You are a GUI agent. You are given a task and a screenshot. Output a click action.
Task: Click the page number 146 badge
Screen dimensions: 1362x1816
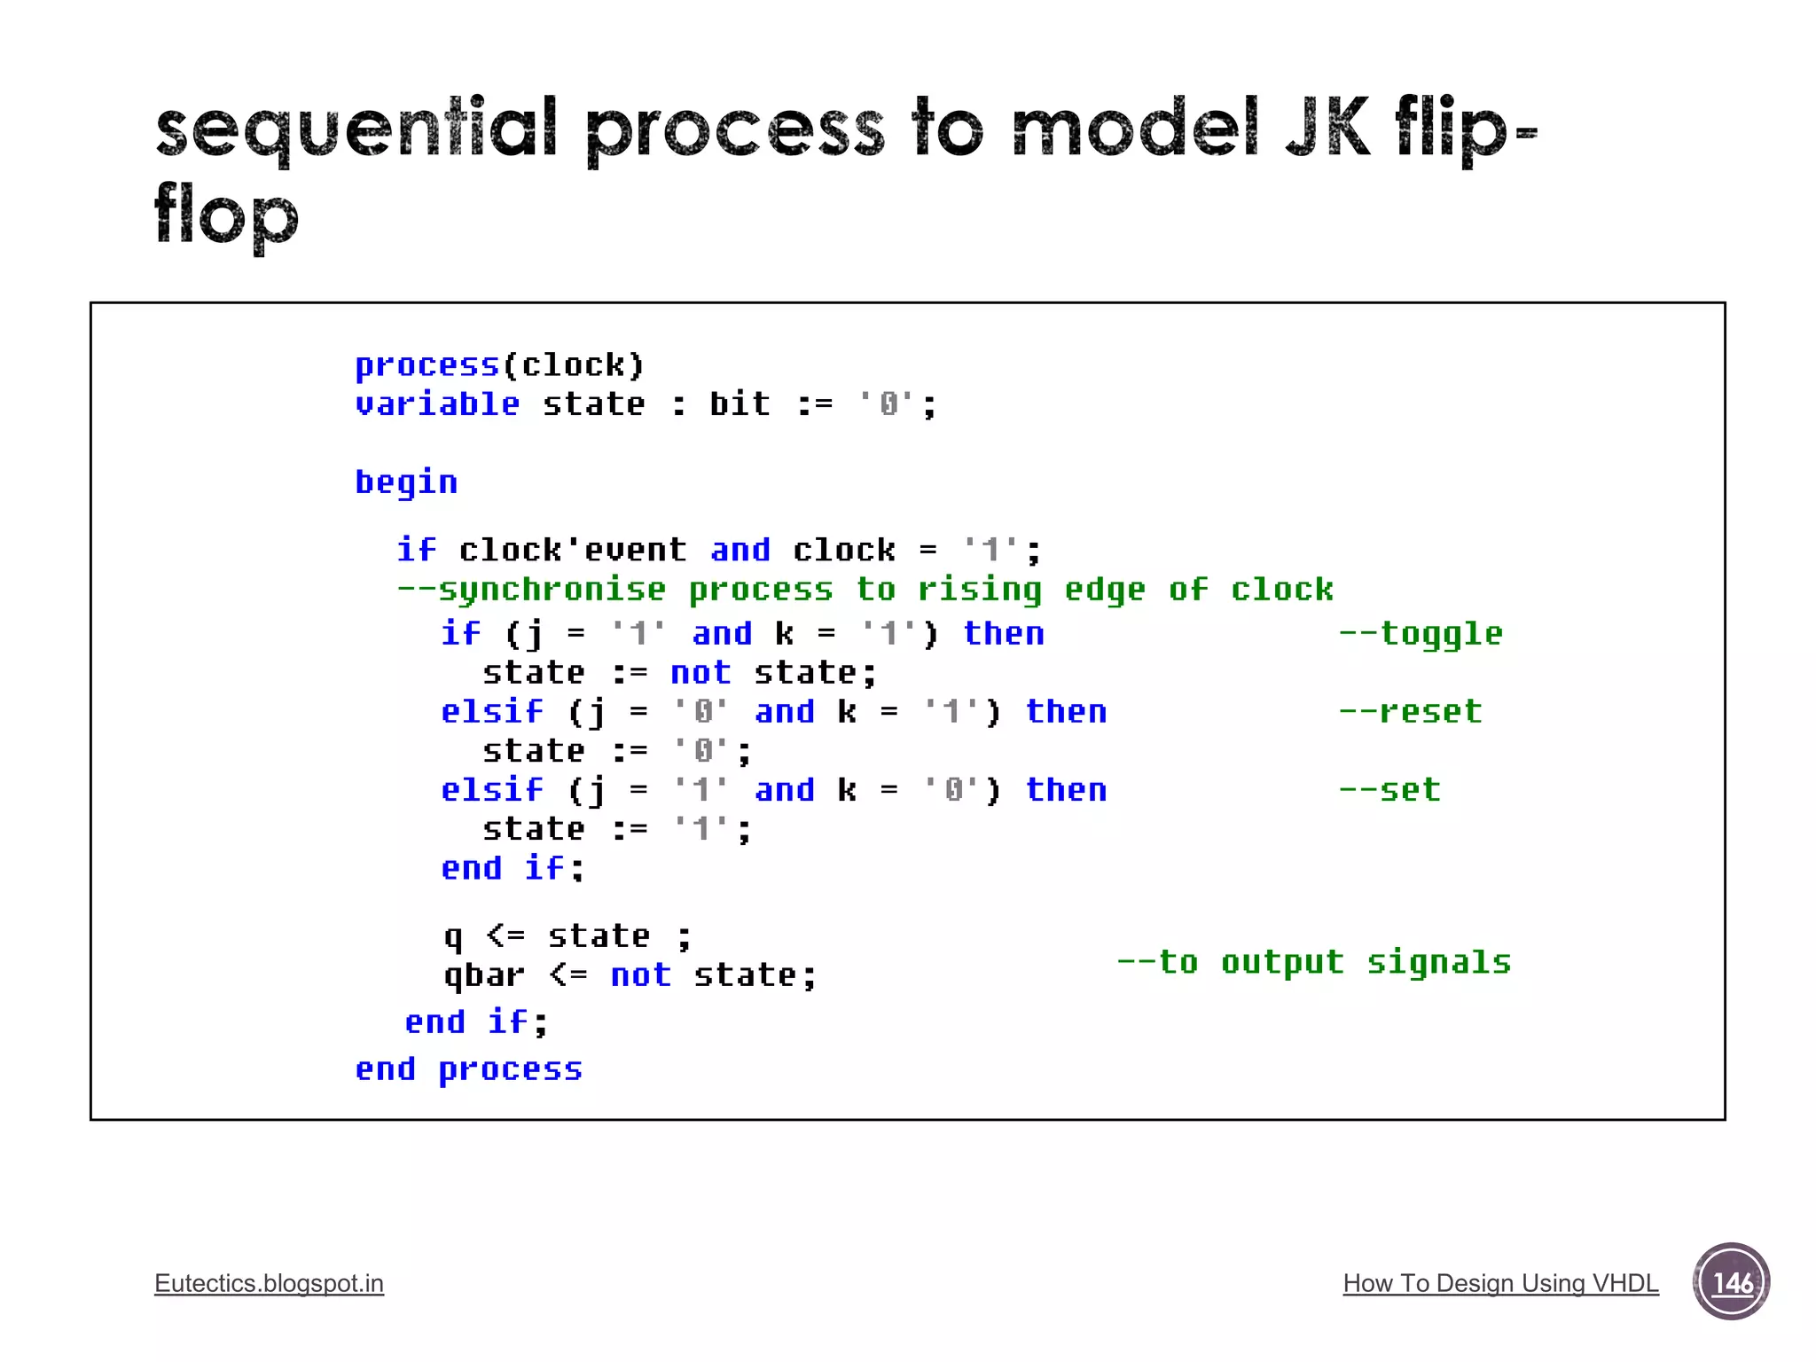[x=1731, y=1281]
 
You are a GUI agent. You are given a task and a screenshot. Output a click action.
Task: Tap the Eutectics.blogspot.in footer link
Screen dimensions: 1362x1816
[x=269, y=1283]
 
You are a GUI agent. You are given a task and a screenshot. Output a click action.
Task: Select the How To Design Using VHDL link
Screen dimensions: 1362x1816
[x=1500, y=1283]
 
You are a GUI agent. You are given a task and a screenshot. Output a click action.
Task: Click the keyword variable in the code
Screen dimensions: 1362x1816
[x=437, y=404]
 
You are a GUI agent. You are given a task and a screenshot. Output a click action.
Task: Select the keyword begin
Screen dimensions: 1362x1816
[x=406, y=482]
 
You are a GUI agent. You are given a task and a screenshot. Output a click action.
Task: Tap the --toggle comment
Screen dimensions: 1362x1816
[x=1421, y=633]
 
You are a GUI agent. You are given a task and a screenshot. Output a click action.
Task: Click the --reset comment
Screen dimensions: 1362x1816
[x=1410, y=711]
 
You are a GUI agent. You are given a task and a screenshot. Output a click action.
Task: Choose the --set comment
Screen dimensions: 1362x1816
[x=1389, y=789]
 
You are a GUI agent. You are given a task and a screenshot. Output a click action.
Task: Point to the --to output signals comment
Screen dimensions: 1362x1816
[x=1313, y=962]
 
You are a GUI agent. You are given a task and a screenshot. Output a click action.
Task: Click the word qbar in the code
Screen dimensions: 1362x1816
[x=484, y=975]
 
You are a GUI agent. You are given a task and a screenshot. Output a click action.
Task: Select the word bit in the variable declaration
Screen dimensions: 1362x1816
[x=740, y=404]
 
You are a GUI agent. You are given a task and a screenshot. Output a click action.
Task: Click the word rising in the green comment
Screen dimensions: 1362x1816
[x=979, y=590]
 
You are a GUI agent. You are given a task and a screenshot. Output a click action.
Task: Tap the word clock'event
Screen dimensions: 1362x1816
[x=573, y=550]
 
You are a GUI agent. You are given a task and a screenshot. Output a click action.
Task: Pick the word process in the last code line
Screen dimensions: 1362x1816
[x=511, y=1069]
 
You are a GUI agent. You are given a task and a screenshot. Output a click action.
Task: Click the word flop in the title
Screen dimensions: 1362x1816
[x=226, y=215]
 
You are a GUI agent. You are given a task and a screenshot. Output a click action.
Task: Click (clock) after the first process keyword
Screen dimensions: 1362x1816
[x=574, y=365]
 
